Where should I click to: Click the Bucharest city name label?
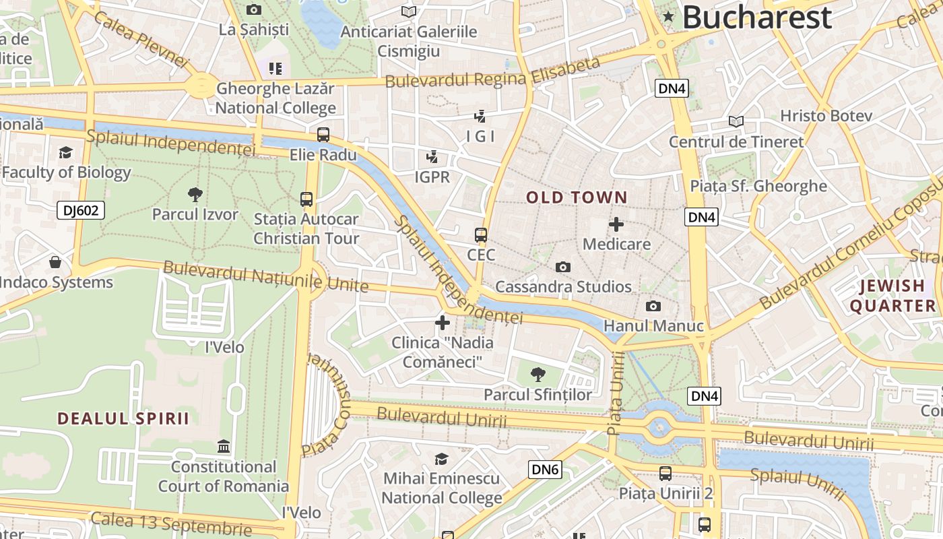pyautogui.click(x=757, y=18)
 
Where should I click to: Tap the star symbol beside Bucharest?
pyautogui.click(x=668, y=16)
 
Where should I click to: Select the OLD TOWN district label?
pyautogui.click(x=577, y=197)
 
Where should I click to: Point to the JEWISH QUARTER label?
pyautogui.click(x=892, y=296)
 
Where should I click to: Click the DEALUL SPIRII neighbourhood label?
pyautogui.click(x=123, y=418)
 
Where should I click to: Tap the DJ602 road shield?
pyautogui.click(x=81, y=211)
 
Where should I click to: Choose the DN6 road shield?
pyautogui.click(x=545, y=470)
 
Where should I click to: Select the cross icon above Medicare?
pyautogui.click(x=616, y=224)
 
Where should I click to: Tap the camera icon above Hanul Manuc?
pyautogui.click(x=653, y=307)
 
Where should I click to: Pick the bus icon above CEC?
pyautogui.click(x=481, y=235)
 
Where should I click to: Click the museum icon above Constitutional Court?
pyautogui.click(x=223, y=447)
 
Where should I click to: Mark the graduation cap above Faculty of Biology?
pyautogui.click(x=65, y=153)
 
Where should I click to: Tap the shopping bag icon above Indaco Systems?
pyautogui.click(x=55, y=262)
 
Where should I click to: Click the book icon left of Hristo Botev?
pyautogui.click(x=736, y=122)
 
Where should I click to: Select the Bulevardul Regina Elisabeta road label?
pyautogui.click(x=492, y=73)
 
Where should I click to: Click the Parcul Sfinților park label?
pyautogui.click(x=538, y=395)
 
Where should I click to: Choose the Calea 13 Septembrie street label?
pyautogui.click(x=171, y=523)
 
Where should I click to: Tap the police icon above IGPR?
pyautogui.click(x=432, y=158)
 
